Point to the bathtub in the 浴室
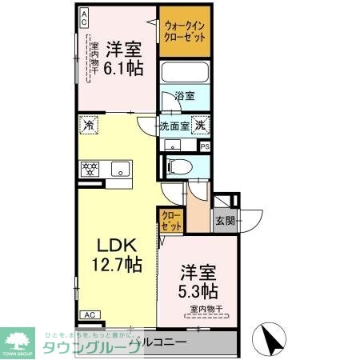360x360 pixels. pos(186,74)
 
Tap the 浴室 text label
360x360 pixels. pos(185,96)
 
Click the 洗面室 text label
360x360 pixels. pos(174,125)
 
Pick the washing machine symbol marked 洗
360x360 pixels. pos(202,124)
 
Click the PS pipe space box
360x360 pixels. pos(205,146)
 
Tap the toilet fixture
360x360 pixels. pos(178,166)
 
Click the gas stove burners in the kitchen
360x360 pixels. pos(90,168)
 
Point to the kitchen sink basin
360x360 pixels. pos(120,168)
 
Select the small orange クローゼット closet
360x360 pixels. pos(171,220)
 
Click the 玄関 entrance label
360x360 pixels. pos(223,221)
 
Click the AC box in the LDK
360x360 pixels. pos(90,315)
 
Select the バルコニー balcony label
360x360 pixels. pos(165,342)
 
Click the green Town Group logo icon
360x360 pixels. pos(18,337)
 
